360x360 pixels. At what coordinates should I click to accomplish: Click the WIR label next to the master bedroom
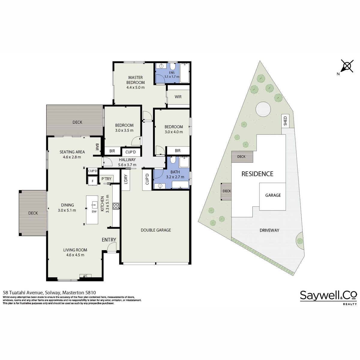(x=178, y=97)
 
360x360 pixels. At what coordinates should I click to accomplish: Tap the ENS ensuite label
(x=172, y=73)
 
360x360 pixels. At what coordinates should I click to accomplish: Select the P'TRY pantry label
(x=106, y=179)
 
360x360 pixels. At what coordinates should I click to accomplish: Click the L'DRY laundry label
(x=125, y=179)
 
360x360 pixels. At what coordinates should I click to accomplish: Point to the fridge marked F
(x=93, y=181)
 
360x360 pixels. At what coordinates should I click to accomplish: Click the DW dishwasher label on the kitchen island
(x=94, y=211)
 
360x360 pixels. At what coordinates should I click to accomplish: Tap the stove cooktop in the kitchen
(x=116, y=206)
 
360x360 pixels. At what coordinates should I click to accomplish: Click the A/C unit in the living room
(x=85, y=276)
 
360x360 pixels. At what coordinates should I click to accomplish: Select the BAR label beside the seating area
(x=97, y=147)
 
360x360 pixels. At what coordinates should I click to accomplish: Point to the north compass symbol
(x=347, y=66)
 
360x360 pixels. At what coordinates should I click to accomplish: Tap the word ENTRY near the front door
(x=109, y=240)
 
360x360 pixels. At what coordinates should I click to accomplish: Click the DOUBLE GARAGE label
(x=156, y=230)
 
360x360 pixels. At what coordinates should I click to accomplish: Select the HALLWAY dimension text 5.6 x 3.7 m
(x=127, y=165)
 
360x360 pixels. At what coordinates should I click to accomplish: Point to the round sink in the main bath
(x=160, y=186)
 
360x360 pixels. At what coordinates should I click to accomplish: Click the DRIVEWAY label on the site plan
(x=269, y=230)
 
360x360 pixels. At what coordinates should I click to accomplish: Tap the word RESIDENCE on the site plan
(x=257, y=174)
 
